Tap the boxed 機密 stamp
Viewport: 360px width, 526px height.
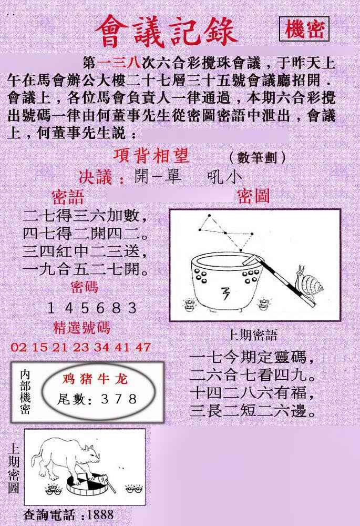click(x=304, y=29)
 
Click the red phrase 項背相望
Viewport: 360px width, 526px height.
click(x=151, y=156)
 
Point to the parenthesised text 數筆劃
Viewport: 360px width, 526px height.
click(x=257, y=157)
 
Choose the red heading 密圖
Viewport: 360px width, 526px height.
click(x=253, y=196)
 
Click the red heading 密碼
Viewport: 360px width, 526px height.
click(x=84, y=287)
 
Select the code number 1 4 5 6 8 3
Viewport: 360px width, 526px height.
click(x=92, y=308)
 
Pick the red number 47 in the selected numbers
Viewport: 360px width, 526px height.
click(x=143, y=347)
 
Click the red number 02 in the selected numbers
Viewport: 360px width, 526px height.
click(x=18, y=347)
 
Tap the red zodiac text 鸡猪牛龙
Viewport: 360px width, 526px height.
click(x=95, y=379)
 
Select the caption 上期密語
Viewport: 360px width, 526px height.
click(x=252, y=335)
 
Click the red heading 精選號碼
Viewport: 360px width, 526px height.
click(x=81, y=328)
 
